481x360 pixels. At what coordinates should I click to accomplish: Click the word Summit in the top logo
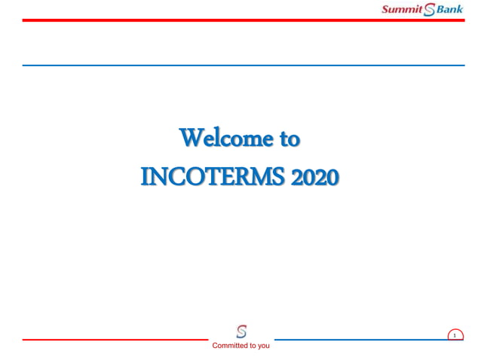[x=403, y=9]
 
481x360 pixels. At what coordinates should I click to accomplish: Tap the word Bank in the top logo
[x=450, y=9]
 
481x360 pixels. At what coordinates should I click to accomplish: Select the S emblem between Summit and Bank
[x=430, y=10]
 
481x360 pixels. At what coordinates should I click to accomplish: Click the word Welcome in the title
[x=222, y=139]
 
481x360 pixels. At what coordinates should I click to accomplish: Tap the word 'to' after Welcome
[x=290, y=139]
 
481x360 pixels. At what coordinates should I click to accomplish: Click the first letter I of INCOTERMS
[x=146, y=178]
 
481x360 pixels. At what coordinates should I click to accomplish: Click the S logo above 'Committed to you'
[x=241, y=331]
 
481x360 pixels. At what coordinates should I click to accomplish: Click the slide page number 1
[x=455, y=335]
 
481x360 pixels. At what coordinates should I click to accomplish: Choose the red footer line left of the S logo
[x=113, y=340]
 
